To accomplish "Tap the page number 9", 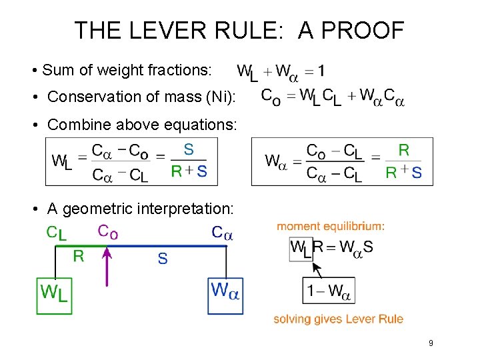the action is click(x=431, y=343).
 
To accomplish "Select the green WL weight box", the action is click(x=54, y=295).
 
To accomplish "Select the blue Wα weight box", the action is click(x=226, y=295).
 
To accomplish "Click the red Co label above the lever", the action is click(x=108, y=231).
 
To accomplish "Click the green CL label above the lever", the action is click(x=57, y=233).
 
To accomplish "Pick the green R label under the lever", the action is click(x=78, y=257).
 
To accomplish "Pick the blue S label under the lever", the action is click(x=163, y=258).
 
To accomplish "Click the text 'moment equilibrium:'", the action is click(x=331, y=227).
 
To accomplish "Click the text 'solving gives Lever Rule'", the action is click(x=339, y=319).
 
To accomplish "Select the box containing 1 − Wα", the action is click(x=329, y=291).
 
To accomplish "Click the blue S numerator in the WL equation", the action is click(x=189, y=149).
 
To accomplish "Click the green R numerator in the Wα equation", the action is click(x=404, y=150).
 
